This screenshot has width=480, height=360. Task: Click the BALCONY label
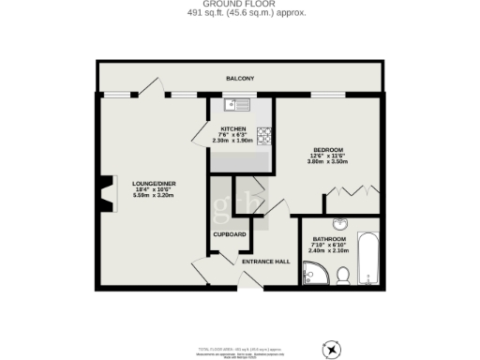click(x=240, y=79)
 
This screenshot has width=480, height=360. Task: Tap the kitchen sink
click(x=238, y=104)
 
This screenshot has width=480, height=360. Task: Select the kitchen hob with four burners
click(x=264, y=136)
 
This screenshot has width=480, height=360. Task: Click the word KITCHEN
click(x=233, y=128)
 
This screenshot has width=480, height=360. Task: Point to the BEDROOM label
click(x=327, y=150)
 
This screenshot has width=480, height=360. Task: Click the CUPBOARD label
click(x=229, y=233)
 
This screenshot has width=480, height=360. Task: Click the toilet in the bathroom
click(x=343, y=275)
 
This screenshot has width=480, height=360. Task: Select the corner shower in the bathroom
click(x=312, y=273)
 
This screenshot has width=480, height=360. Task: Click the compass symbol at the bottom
click(x=331, y=350)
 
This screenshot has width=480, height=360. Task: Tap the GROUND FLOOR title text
click(x=240, y=6)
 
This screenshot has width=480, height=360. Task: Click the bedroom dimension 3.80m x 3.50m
click(x=327, y=162)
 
